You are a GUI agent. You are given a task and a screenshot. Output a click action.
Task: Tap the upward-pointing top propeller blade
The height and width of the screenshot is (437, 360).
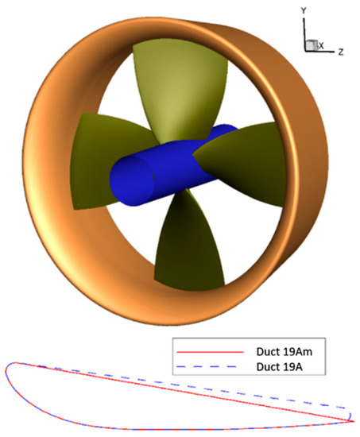pos(164,79)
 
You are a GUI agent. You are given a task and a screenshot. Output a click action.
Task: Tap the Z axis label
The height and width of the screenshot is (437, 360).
pos(340,51)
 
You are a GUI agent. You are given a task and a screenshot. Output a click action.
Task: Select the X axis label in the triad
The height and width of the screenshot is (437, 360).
pos(321,46)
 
